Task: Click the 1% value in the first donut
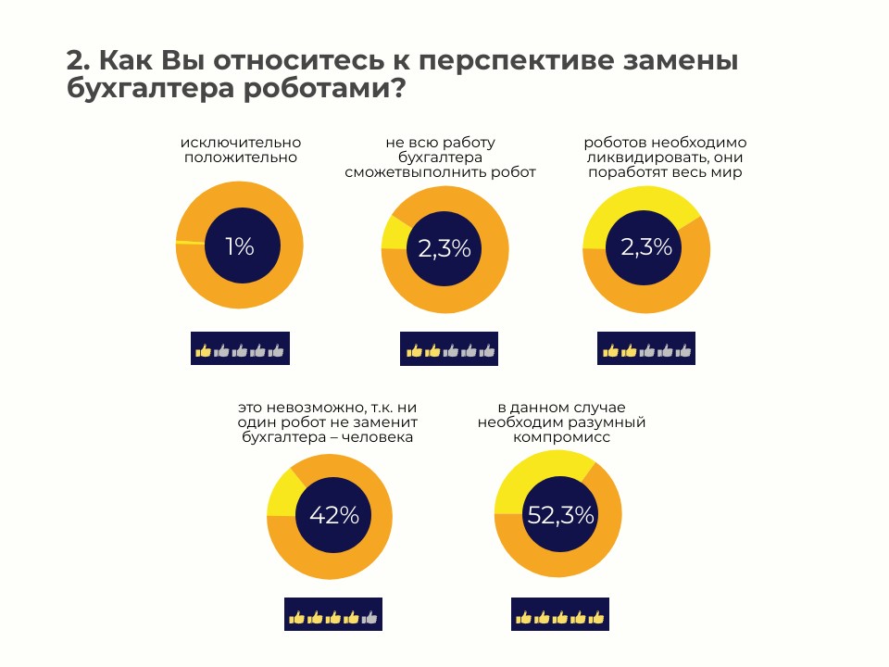pos(239,246)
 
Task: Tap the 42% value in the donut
pos(333,515)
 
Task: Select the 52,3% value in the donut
pos(560,516)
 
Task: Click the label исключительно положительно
pos(241,150)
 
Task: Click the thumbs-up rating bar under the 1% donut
pos(240,350)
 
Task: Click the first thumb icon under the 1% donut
pos(203,350)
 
